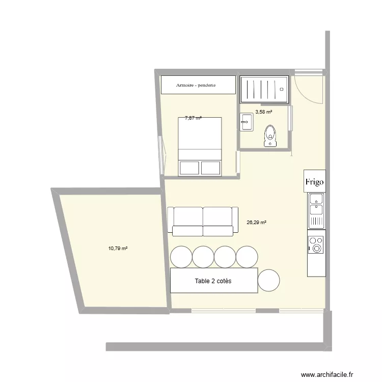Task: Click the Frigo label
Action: pyautogui.click(x=315, y=181)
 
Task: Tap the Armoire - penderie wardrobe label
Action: pyautogui.click(x=196, y=85)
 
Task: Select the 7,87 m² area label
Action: pyautogui.click(x=193, y=118)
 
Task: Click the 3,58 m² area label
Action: pyautogui.click(x=263, y=112)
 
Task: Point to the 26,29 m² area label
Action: pyautogui.click(x=257, y=222)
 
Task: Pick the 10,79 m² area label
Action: pyautogui.click(x=118, y=249)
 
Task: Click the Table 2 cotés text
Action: pyautogui.click(x=213, y=281)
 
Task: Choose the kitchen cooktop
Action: pyautogui.click(x=316, y=243)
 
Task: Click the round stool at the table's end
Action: pyautogui.click(x=269, y=280)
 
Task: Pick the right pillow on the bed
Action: pyautogui.click(x=211, y=168)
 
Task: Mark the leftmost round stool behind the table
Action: pyautogui.click(x=180, y=257)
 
